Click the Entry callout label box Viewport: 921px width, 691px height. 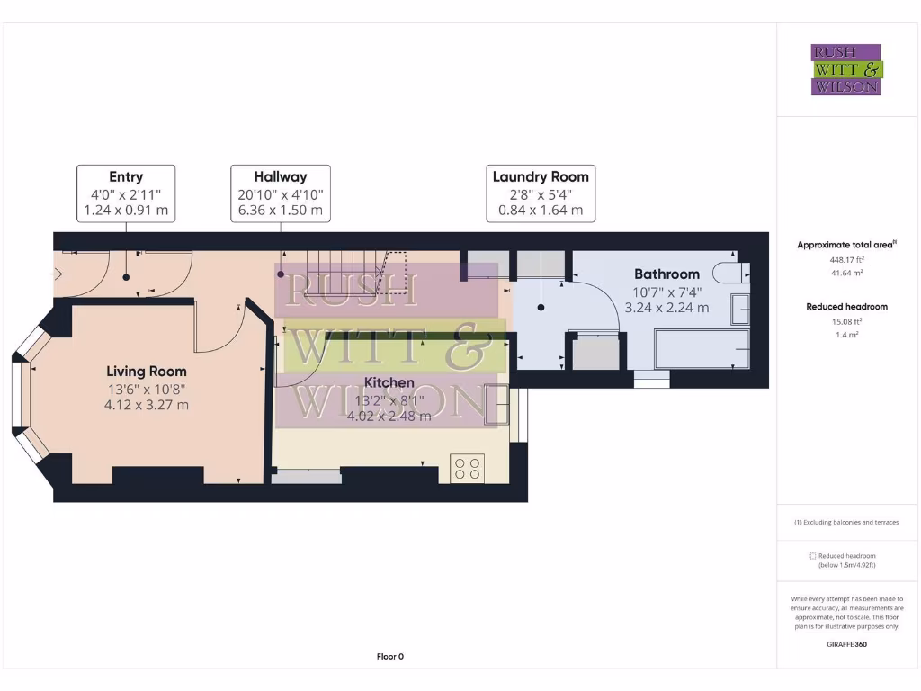click(126, 193)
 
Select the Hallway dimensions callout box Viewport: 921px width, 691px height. click(281, 193)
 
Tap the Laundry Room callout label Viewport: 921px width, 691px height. click(541, 193)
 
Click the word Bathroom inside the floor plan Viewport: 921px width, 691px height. click(666, 274)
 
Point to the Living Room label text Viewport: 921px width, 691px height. click(147, 371)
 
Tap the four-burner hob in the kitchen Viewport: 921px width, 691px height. click(468, 468)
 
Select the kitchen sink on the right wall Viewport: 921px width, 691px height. click(496, 404)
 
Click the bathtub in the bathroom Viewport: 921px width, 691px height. click(702, 349)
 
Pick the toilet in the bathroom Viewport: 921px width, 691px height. click(728, 272)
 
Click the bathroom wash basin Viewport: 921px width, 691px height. click(740, 309)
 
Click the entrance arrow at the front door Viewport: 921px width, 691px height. click(58, 274)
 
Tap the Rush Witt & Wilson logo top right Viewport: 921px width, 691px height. click(846, 70)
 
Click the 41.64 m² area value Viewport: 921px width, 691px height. click(845, 273)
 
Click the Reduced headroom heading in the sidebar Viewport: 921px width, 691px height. click(846, 307)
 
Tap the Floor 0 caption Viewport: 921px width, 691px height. click(389, 657)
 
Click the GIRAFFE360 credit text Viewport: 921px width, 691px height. click(846, 644)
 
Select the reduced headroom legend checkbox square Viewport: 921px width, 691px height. click(813, 556)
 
